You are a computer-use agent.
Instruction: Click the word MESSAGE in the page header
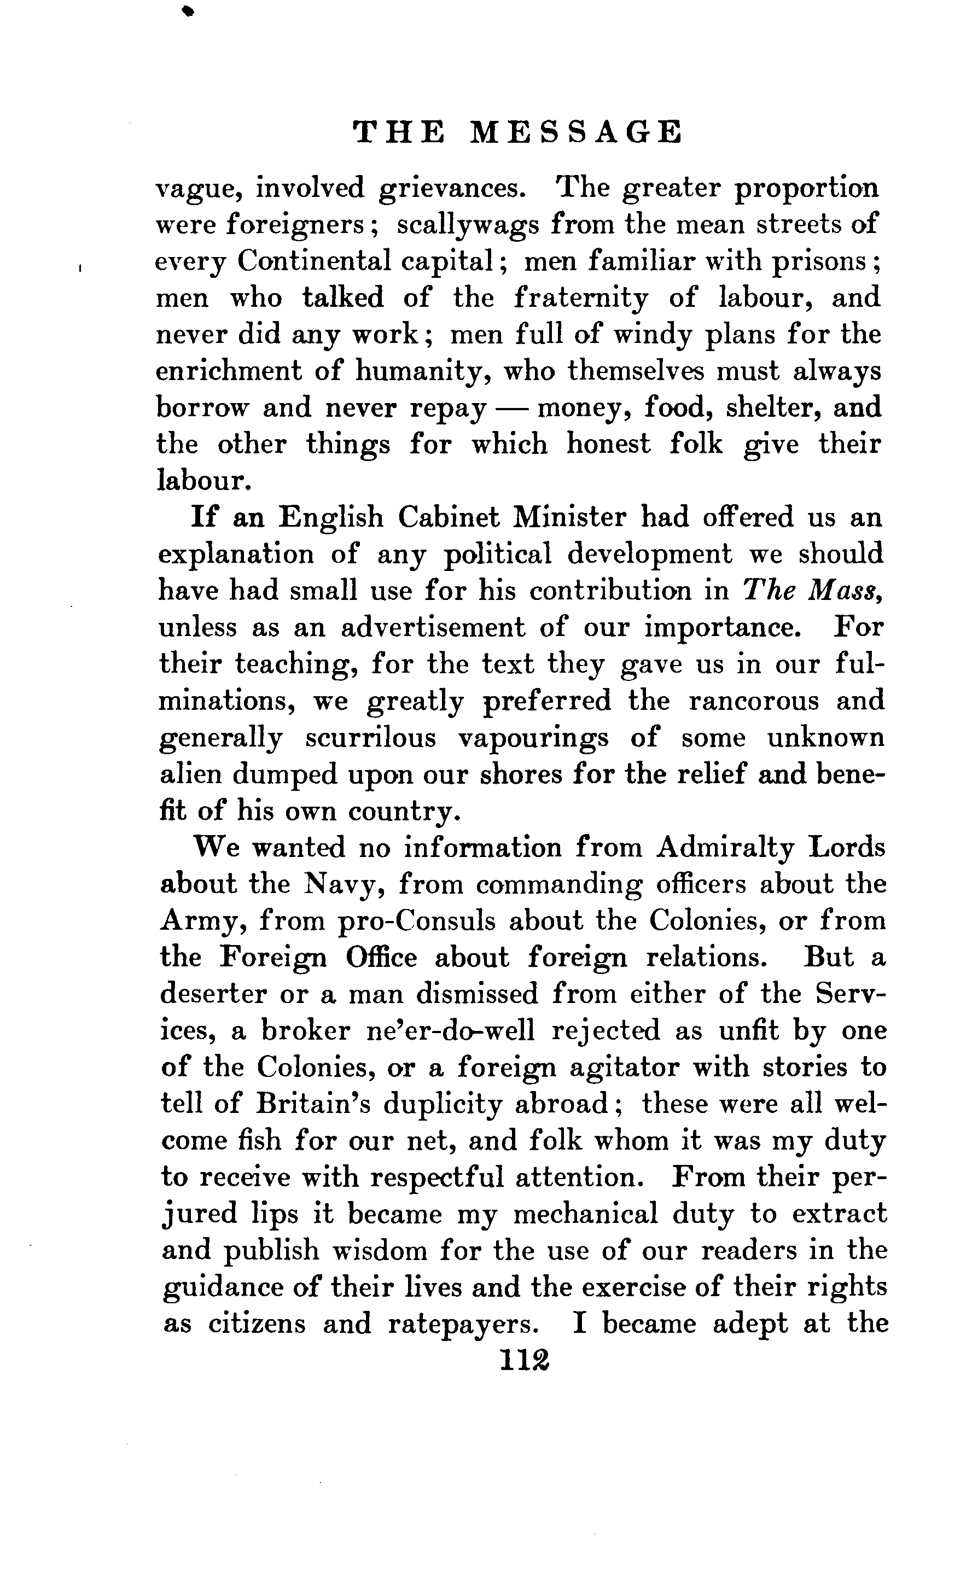(576, 132)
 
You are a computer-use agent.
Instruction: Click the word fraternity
(581, 298)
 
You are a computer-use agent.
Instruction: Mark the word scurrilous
(370, 738)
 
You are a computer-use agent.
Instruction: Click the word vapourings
(533, 738)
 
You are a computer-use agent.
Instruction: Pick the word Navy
(344, 885)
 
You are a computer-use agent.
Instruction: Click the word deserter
(213, 995)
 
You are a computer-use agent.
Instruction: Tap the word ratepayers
(463, 1324)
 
